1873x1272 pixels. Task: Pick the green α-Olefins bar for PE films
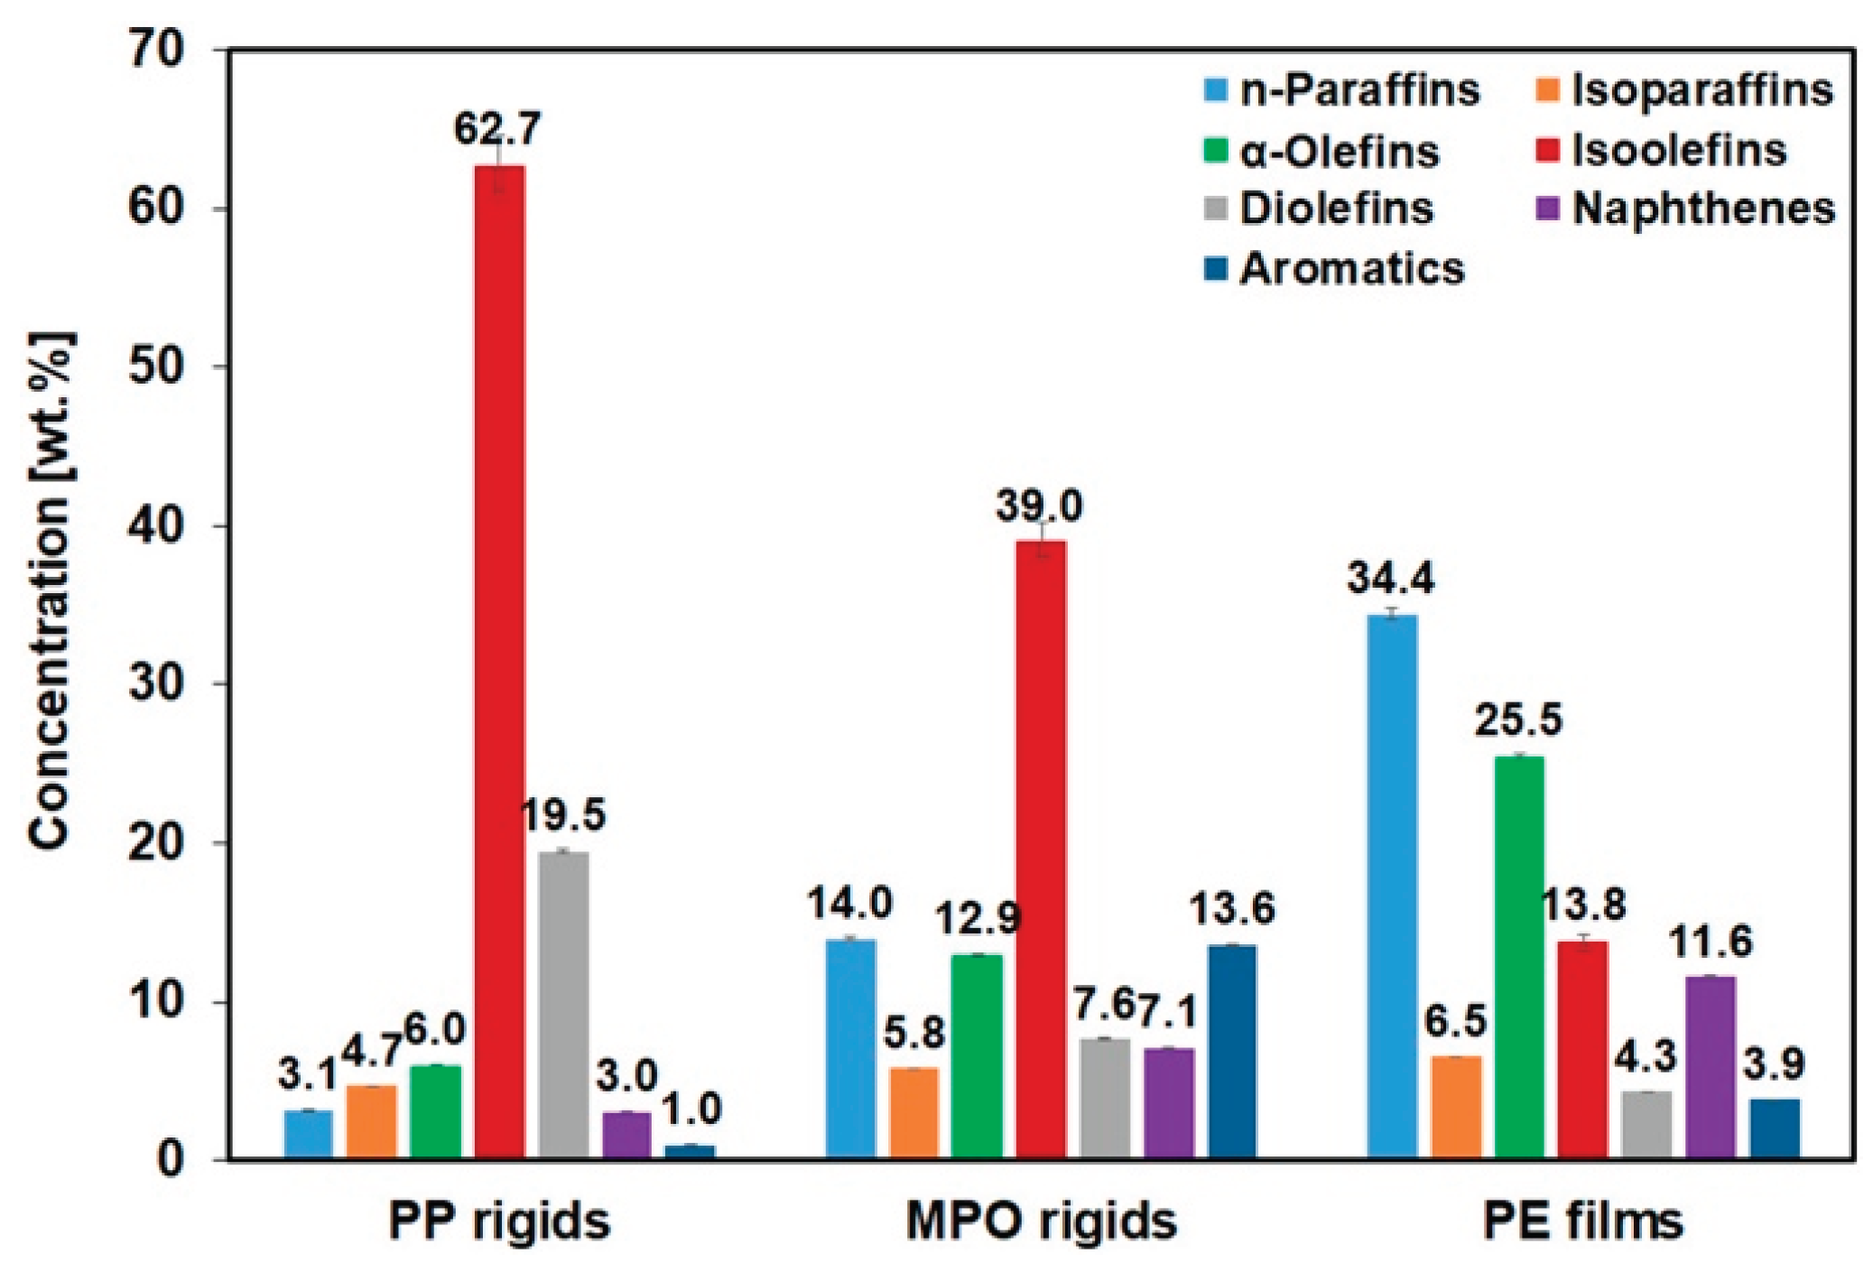pyautogui.click(x=1519, y=957)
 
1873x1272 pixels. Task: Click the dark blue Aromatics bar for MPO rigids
pyautogui.click(x=1232, y=1052)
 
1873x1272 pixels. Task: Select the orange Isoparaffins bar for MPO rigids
pyautogui.click(x=913, y=1113)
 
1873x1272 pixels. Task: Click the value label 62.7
pyautogui.click(x=497, y=130)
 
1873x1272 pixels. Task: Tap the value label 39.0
pyautogui.click(x=1039, y=507)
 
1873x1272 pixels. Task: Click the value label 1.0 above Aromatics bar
pyautogui.click(x=692, y=1110)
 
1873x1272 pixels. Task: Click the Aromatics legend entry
pyautogui.click(x=1350, y=269)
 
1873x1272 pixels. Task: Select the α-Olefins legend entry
pyautogui.click(x=1339, y=151)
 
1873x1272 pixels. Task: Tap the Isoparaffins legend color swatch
pyautogui.click(x=1548, y=90)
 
